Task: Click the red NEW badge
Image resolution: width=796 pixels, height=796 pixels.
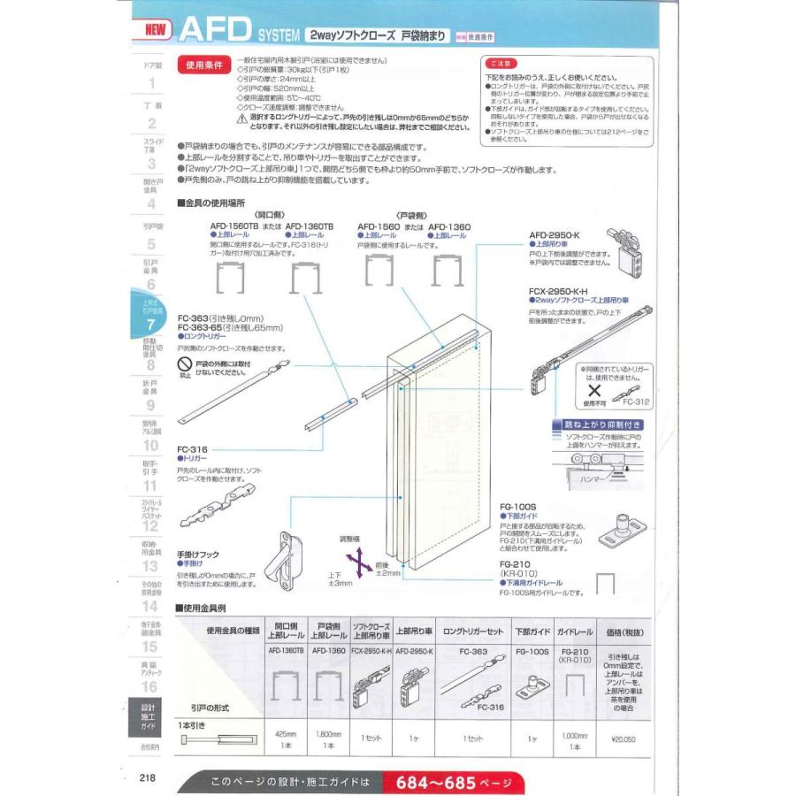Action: coord(151,29)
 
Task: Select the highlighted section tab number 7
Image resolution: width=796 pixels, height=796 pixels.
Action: coord(151,325)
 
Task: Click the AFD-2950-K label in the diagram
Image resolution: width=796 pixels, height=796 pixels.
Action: coord(553,235)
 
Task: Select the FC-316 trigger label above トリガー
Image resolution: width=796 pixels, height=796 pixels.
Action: coord(192,449)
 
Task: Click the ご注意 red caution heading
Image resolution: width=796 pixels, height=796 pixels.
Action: coord(500,65)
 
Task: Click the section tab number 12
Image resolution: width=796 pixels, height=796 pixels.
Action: coord(151,525)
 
